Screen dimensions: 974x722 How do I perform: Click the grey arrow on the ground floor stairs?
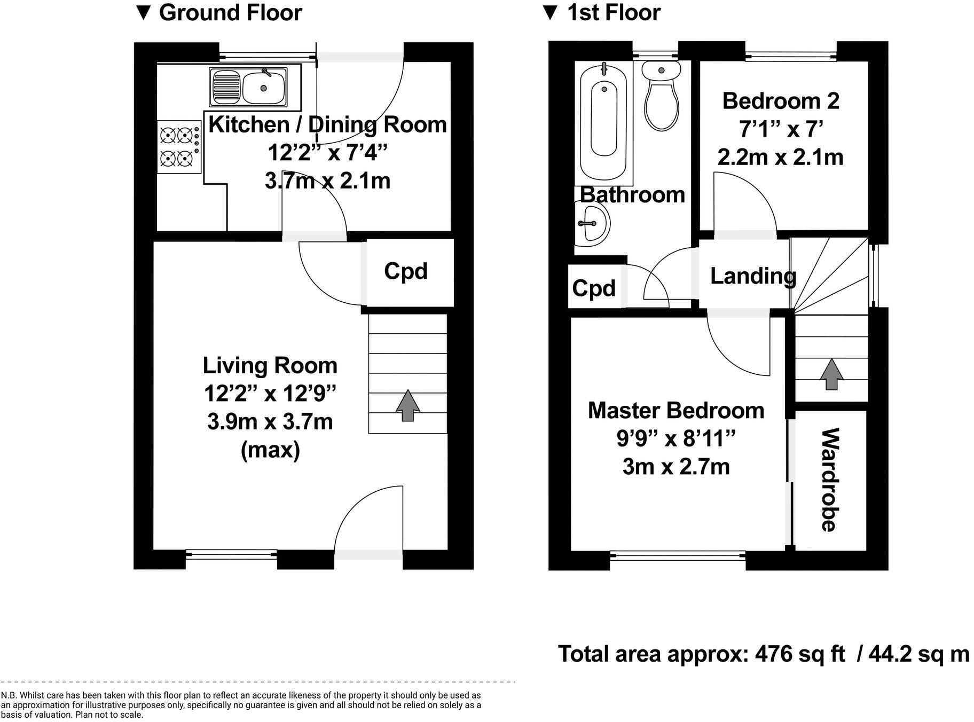pyautogui.click(x=407, y=406)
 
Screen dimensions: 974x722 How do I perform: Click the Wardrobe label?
pyautogui.click(x=829, y=480)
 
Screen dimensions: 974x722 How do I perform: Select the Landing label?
pyautogui.click(x=753, y=276)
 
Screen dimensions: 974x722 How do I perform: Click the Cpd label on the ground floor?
pyautogui.click(x=406, y=271)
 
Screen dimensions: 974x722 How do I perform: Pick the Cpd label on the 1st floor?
pyautogui.click(x=594, y=288)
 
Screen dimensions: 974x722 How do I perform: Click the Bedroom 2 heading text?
pyautogui.click(x=781, y=101)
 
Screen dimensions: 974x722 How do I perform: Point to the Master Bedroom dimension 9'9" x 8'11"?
pyautogui.click(x=676, y=439)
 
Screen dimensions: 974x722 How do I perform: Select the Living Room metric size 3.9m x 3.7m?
pyautogui.click(x=270, y=422)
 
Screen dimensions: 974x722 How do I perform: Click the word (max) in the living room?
pyautogui.click(x=270, y=450)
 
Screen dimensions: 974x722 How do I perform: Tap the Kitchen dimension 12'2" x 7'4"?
pyautogui.click(x=327, y=153)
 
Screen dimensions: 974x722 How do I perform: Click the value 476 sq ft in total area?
pyautogui.click(x=800, y=654)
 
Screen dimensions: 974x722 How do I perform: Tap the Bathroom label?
pyautogui.click(x=633, y=195)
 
